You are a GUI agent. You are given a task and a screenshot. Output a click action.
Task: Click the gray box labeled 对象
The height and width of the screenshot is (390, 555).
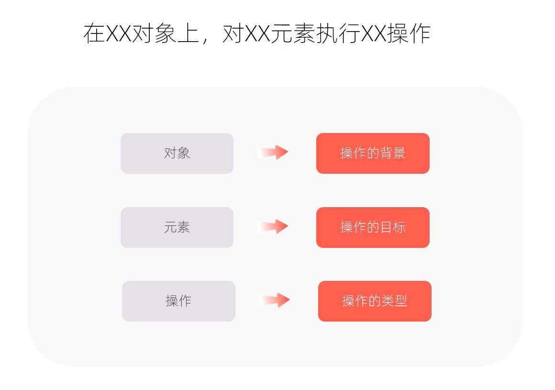[177, 153]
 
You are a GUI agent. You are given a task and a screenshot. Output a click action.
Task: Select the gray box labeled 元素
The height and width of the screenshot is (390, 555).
[177, 227]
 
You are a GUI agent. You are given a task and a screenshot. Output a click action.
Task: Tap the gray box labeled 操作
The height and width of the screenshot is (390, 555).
[179, 301]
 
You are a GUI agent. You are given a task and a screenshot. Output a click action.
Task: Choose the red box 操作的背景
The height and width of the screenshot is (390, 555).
[373, 153]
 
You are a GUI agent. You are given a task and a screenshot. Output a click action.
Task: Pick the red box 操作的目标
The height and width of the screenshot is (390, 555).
[373, 227]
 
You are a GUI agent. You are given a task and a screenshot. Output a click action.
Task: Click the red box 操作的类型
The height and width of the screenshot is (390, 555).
[375, 301]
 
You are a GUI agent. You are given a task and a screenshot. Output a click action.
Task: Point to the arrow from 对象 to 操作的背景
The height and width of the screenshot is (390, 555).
[273, 152]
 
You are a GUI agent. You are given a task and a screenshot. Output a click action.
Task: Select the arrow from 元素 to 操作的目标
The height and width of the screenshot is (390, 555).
[273, 226]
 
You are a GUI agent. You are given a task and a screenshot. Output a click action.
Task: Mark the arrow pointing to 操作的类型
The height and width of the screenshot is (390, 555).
[275, 300]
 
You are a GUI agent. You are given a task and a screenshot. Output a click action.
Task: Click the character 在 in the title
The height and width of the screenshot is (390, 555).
[94, 33]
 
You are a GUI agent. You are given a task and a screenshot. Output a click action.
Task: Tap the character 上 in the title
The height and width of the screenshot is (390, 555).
[188, 33]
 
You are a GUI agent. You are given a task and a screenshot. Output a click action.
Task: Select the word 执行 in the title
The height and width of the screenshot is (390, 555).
[338, 33]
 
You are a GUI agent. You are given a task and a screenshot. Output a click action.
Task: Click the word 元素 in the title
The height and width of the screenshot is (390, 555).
[293, 33]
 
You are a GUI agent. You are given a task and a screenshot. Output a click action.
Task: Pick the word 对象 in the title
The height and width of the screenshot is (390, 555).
[154, 33]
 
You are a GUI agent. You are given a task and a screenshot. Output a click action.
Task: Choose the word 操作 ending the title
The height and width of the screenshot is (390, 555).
[409, 33]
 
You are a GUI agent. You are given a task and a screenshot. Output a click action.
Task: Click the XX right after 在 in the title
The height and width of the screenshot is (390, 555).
[118, 34]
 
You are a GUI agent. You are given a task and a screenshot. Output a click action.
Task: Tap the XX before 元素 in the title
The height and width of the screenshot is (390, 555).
[257, 34]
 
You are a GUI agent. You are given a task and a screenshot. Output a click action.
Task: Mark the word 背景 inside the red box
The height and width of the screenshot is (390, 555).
[392, 153]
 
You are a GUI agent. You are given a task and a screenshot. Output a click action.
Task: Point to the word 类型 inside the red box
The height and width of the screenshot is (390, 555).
[395, 301]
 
